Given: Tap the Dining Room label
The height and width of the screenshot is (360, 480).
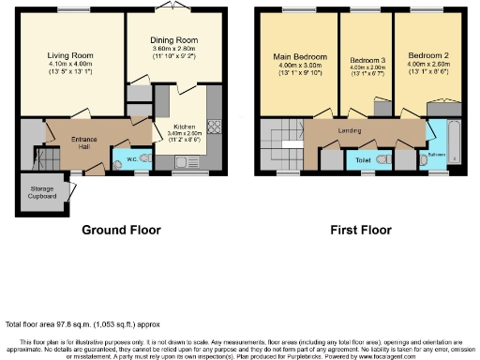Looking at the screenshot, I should tap(174, 40).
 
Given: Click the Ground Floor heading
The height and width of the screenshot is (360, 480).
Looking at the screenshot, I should tap(121, 230).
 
